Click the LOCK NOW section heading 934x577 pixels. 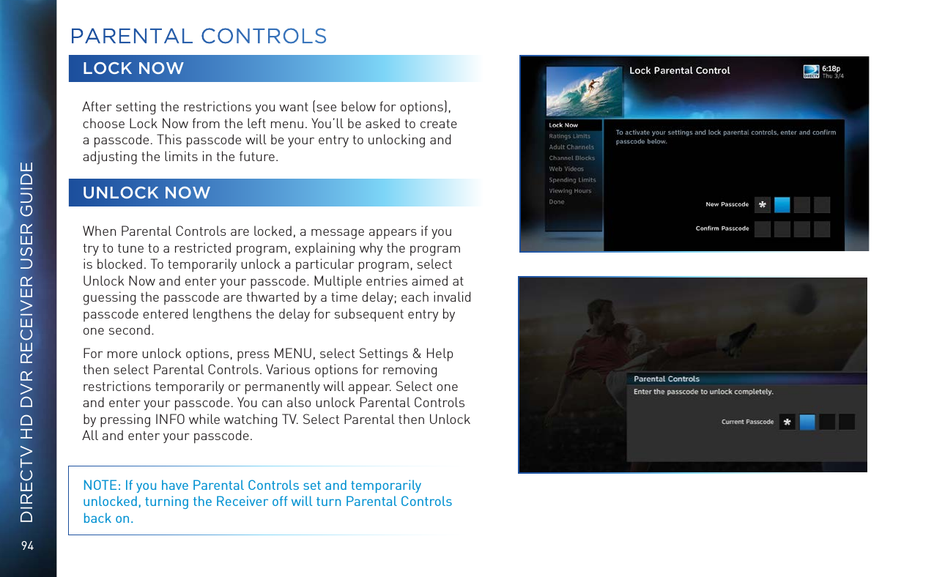tap(133, 69)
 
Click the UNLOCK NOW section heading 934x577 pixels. tap(147, 193)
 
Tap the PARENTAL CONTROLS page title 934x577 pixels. tap(198, 36)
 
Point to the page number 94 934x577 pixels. tap(28, 546)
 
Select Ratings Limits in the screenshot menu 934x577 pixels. tap(569, 136)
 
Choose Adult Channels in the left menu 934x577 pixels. tap(571, 147)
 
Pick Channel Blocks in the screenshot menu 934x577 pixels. tap(571, 158)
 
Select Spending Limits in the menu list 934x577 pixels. tap(572, 180)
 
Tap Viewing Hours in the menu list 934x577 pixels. tap(570, 191)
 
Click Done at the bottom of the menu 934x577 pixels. tap(557, 202)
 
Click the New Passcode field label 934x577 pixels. tap(727, 204)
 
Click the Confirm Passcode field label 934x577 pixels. tap(722, 228)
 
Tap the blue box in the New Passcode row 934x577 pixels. tap(782, 204)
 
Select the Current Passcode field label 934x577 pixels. tap(747, 422)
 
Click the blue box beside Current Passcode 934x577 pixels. tap(807, 422)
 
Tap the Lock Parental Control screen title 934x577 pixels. tap(680, 70)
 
